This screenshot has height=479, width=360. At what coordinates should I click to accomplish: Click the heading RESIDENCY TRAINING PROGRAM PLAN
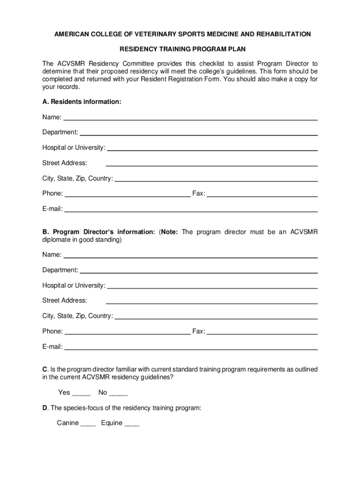tap(183, 49)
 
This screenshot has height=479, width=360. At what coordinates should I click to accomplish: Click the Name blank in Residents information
tap(190, 119)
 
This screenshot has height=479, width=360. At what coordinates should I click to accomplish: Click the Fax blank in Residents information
tap(262, 196)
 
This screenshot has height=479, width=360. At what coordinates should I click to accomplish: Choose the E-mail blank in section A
tap(190, 211)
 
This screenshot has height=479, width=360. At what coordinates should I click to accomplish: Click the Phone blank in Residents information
tap(127, 196)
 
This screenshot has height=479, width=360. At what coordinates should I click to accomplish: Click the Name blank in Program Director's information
tap(190, 257)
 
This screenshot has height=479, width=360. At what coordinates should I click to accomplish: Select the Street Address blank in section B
tap(212, 302)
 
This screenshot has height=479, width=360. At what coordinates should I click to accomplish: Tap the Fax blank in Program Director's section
tap(262, 334)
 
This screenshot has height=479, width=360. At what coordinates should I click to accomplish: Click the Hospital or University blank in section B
tap(212, 287)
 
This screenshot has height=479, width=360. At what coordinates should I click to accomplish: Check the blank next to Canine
tap(88, 425)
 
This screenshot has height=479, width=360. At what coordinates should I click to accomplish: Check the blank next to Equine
tap(132, 425)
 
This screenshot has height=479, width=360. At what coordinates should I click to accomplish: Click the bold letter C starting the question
tap(44, 370)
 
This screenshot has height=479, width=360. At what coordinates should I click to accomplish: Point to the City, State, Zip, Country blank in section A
tap(216, 180)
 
